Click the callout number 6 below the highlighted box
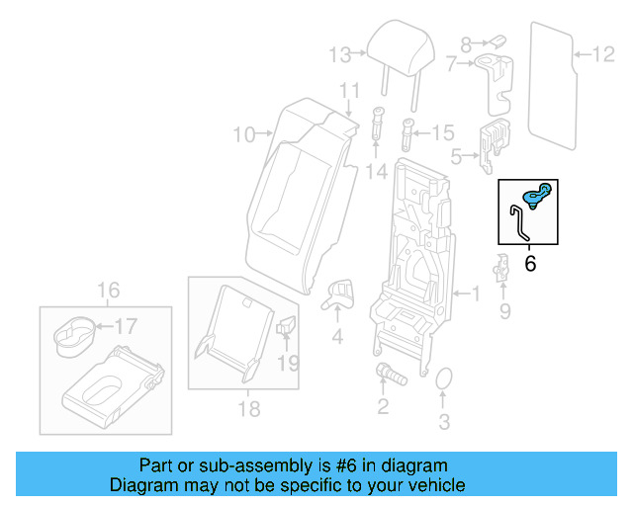point(529,263)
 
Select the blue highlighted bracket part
point(537,196)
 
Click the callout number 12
point(602,53)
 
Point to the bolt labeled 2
point(387,375)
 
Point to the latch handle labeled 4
point(340,292)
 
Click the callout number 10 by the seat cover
point(243,133)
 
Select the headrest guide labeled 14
point(378,123)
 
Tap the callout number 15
point(442,131)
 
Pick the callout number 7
point(452,64)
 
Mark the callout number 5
point(456,155)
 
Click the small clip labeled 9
point(502,267)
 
